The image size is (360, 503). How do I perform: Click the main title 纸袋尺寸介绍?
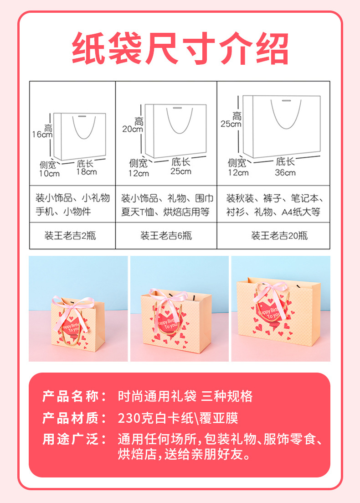coord(180,49)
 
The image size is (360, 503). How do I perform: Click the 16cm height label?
coord(42,134)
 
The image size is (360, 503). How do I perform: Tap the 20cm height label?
coord(133,129)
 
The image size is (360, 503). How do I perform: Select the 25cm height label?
coord(231,124)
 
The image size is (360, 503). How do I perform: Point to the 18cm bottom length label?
coord(86,172)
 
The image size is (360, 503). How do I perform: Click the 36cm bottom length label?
coord(285,172)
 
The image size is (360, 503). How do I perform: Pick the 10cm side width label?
coord(49,173)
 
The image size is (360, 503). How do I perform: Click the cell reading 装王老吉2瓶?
coord(72,236)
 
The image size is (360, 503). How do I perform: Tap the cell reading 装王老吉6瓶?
coord(166,236)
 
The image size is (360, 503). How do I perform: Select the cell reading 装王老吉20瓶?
coord(279,236)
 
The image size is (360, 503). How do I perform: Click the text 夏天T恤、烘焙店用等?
coord(165,212)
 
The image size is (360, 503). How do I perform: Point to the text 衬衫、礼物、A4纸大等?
coord(273,212)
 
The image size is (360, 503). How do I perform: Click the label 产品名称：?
coord(75,396)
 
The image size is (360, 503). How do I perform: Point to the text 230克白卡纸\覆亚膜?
coord(178,418)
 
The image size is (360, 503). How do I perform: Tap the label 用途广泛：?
coord(75,439)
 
